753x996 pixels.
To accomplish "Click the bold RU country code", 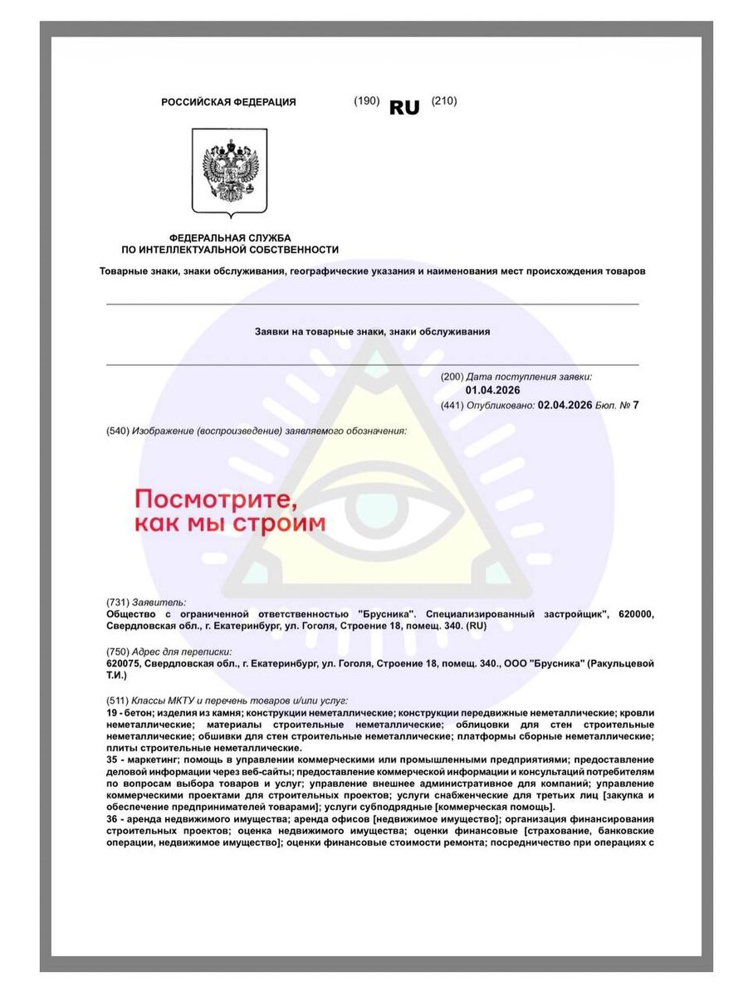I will pos(404,107).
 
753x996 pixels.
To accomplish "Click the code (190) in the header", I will pos(366,101).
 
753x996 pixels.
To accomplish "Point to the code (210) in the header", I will pos(444,101).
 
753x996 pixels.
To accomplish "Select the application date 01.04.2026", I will pos(493,390).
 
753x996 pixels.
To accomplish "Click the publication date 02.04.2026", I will pos(565,405).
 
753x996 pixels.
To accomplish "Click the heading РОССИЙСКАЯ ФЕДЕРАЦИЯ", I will pos(228,102).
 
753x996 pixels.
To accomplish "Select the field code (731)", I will pos(118,602).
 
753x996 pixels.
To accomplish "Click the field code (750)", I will pos(118,652).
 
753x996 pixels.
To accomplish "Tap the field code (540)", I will pos(118,432).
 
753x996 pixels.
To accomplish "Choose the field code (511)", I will pos(118,701).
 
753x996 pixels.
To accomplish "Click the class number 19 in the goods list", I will pos(112,714).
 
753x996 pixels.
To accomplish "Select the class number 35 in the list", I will pos(112,760).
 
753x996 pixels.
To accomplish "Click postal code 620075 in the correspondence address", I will pos(124,664).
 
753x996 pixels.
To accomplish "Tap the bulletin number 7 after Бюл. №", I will pos(635,405).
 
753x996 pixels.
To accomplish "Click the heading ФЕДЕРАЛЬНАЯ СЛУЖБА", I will pos(230,237).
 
